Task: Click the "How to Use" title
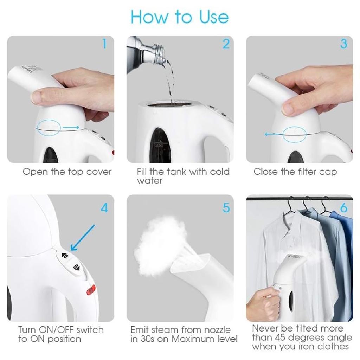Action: pyautogui.click(x=180, y=17)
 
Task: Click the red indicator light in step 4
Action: pyautogui.click(x=91, y=290)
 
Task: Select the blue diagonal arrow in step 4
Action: pyautogui.click(x=82, y=238)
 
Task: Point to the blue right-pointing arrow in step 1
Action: pyautogui.click(x=71, y=127)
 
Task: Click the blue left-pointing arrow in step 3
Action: pyautogui.click(x=274, y=134)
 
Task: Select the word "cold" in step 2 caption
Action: pyautogui.click(x=219, y=172)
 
